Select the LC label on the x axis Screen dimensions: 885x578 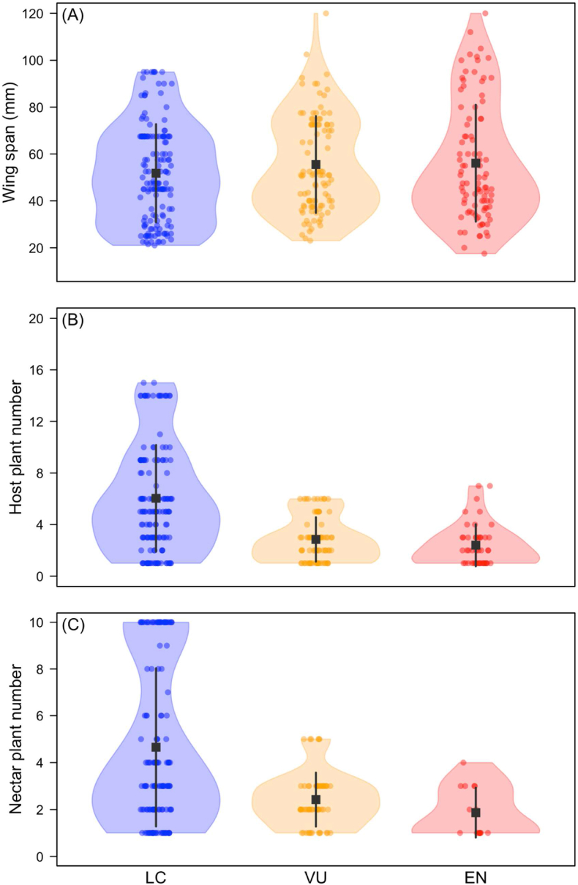(x=156, y=875)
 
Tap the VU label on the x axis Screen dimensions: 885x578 (x=316, y=875)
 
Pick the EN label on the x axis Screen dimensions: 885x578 (x=476, y=875)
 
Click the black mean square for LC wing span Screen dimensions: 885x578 (x=156, y=173)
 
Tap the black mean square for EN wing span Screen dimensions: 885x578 (x=476, y=162)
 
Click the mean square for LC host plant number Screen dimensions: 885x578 (x=156, y=498)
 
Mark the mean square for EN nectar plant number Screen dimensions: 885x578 (x=476, y=813)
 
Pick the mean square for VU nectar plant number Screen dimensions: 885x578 (x=316, y=799)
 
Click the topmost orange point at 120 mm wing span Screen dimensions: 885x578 (x=326, y=13)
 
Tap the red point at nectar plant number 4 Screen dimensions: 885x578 (x=463, y=763)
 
